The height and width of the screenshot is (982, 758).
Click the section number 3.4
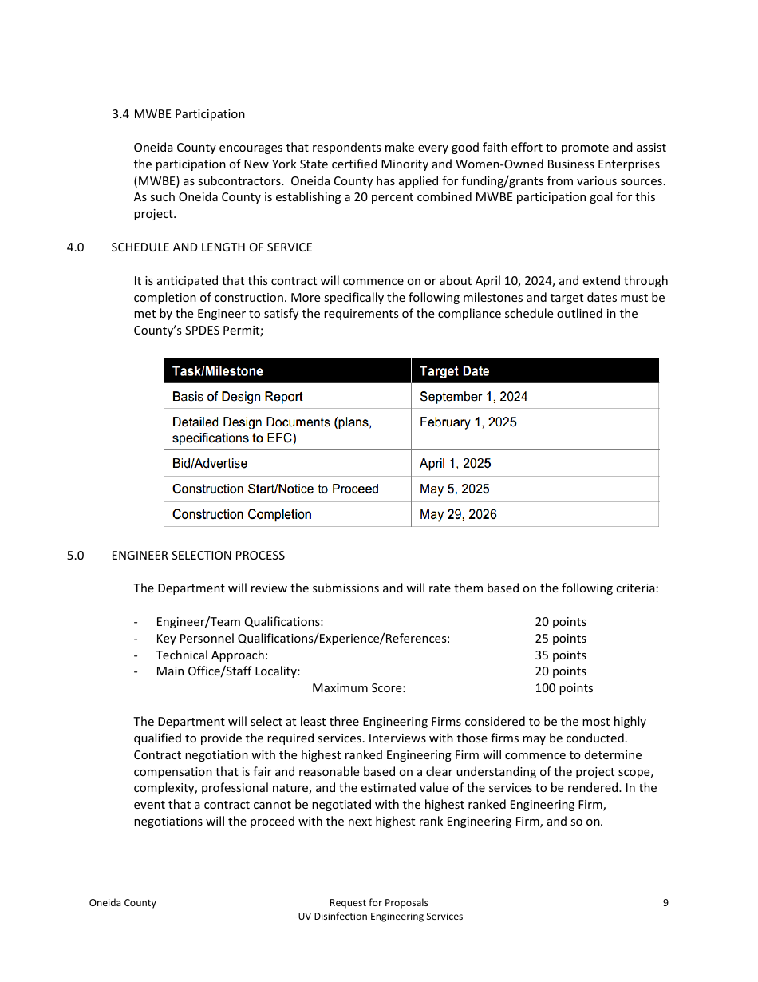pyautogui.click(x=120, y=114)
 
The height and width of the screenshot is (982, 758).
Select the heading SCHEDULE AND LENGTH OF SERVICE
pyautogui.click(x=211, y=247)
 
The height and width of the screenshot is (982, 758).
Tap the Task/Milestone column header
pyautogui.click(x=218, y=371)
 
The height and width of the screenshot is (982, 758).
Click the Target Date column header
pyautogui.click(x=454, y=371)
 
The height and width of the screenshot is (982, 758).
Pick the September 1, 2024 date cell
pyautogui.click(x=473, y=397)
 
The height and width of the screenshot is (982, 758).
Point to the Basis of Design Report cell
pyautogui.click(x=237, y=397)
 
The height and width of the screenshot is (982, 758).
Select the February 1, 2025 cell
pyautogui.click(x=468, y=422)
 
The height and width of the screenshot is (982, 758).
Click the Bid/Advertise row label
pyautogui.click(x=210, y=464)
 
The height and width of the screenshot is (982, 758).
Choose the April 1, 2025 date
pyautogui.click(x=455, y=464)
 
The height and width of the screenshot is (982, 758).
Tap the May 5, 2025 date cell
pyautogui.click(x=454, y=489)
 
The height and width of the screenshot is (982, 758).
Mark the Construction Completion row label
pyautogui.click(x=242, y=515)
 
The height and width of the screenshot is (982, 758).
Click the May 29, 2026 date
pyautogui.click(x=458, y=515)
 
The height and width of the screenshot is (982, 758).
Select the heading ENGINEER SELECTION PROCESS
pyautogui.click(x=198, y=556)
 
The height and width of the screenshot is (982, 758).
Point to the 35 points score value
pyautogui.click(x=560, y=655)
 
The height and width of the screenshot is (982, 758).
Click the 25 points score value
pyautogui.click(x=560, y=639)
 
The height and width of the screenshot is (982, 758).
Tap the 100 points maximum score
pyautogui.click(x=563, y=688)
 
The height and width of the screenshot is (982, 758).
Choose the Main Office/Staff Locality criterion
pyautogui.click(x=227, y=671)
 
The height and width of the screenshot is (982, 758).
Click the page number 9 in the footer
pyautogui.click(x=665, y=903)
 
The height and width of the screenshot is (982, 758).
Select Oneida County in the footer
pyautogui.click(x=122, y=903)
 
